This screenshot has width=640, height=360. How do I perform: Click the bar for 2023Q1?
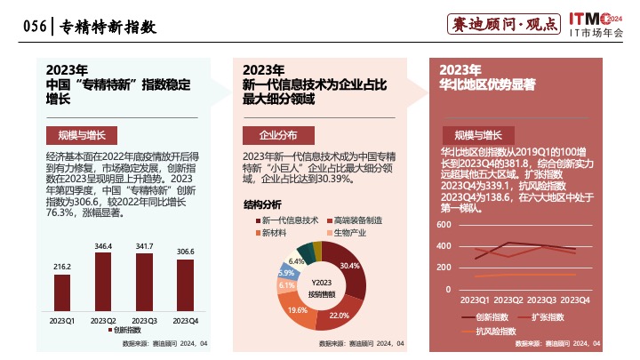pos(62,292)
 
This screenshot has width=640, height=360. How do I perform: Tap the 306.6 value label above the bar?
pos(185,252)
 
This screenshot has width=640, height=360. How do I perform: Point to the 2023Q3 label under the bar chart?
pos(144,320)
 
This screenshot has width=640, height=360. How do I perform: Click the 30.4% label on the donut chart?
pos(349,266)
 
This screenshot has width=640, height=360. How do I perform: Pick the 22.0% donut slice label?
pos(339,316)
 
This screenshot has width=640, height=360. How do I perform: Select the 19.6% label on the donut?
pos(298,310)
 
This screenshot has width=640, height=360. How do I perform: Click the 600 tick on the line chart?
pos(444,225)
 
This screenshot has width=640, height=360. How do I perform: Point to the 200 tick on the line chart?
pos(444,268)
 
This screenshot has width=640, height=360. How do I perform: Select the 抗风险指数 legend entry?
pos(496,332)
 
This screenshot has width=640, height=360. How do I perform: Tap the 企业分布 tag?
pos(277,135)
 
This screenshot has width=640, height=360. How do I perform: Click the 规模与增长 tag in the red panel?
pos(478,135)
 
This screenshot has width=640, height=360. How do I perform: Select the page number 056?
pos(34,28)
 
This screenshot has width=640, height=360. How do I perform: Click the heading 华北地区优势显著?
pos(487,85)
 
